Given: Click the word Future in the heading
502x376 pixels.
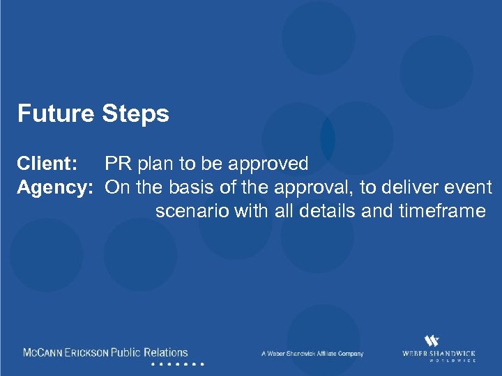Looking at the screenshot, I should point(55,113).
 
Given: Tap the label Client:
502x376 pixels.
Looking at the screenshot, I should point(47,164).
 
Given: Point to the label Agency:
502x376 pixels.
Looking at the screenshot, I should point(55,188).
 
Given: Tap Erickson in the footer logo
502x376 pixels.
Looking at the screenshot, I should point(86,353).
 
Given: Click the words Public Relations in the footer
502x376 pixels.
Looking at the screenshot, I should point(149,353).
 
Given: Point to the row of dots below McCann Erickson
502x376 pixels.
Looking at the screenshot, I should point(177,364).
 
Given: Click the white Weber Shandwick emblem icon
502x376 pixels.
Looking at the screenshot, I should point(432,340).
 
